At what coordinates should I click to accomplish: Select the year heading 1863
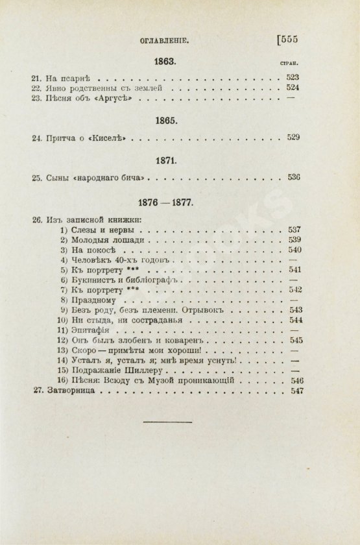(x=165, y=62)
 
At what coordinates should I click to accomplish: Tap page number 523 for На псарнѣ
(x=291, y=77)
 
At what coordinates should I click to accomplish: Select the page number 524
(x=291, y=88)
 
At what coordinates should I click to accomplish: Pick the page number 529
(x=291, y=138)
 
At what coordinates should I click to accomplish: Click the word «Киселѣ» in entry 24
(x=107, y=138)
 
